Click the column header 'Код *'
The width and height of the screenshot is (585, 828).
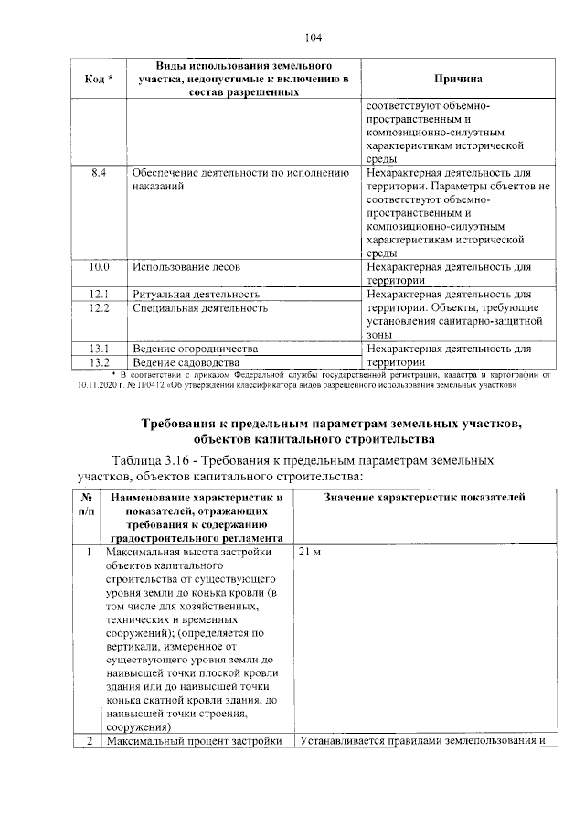point(99,80)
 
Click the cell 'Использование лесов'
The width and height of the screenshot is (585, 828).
point(184,267)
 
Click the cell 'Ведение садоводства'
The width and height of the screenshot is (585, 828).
point(186,362)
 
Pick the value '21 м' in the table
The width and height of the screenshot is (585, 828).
point(310,554)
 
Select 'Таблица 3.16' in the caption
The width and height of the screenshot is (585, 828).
point(151,459)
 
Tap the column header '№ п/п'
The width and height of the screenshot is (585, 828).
point(85,504)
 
